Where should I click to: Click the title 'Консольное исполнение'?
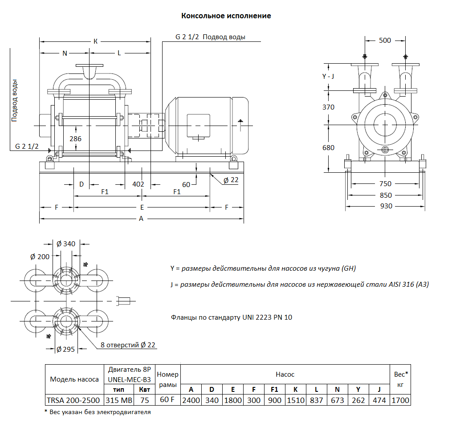point(226,16)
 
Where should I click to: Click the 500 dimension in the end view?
point(385,41)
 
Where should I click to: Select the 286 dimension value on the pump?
point(76,138)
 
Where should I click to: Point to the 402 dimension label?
point(138,184)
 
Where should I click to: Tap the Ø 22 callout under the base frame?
point(231,180)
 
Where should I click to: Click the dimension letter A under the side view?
point(141,219)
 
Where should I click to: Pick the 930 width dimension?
point(386,206)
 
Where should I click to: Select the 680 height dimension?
point(328,148)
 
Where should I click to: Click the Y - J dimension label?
point(328,76)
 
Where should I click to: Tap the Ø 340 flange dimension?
point(66,244)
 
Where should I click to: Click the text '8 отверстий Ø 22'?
point(129,345)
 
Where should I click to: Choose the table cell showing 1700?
point(400,400)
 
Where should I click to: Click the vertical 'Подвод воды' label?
point(15,101)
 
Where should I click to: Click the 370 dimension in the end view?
point(328,107)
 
